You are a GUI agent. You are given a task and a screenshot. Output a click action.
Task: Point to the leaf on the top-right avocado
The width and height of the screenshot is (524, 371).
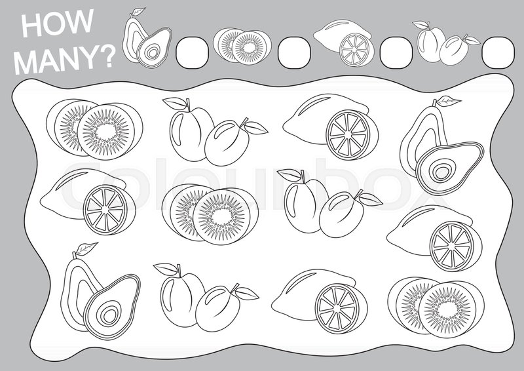(x=447, y=101)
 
